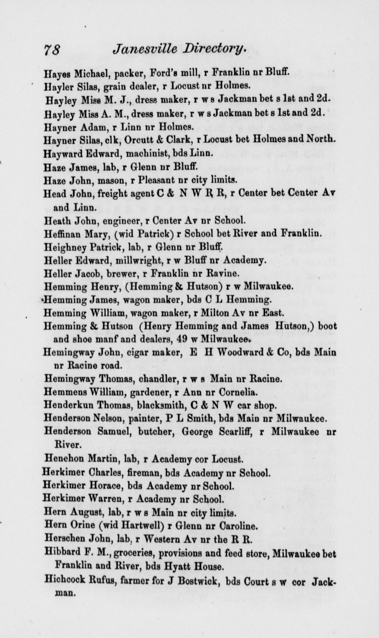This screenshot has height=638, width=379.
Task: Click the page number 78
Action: pos(52,49)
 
